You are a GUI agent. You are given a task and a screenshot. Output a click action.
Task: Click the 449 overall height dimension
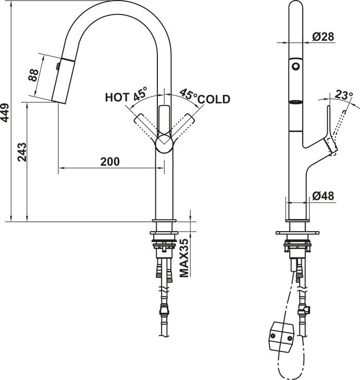click(5, 112)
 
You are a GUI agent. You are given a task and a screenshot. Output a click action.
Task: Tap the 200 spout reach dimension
click(109, 161)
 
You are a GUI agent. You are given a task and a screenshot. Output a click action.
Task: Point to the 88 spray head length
click(33, 75)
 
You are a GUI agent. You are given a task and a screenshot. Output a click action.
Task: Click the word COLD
click(214, 99)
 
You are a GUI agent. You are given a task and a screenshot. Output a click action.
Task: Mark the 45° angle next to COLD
click(189, 94)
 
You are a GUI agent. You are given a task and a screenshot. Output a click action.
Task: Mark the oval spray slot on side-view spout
click(296, 102)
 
